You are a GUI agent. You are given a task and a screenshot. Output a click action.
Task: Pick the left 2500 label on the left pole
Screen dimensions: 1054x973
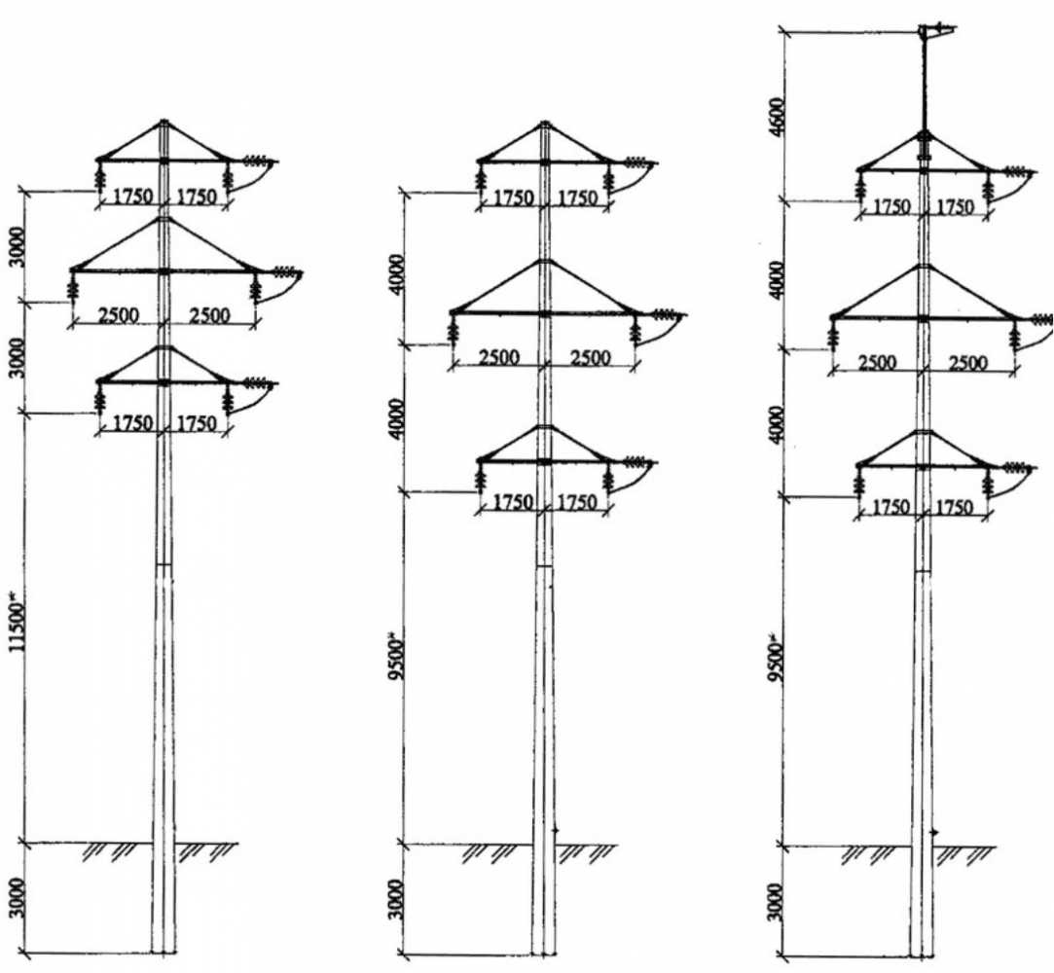pyautogui.click(x=118, y=315)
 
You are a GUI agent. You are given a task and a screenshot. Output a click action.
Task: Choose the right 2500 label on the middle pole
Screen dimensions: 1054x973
pyautogui.click(x=590, y=357)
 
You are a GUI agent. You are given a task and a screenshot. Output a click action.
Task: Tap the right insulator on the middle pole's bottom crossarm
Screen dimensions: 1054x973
pyautogui.click(x=609, y=479)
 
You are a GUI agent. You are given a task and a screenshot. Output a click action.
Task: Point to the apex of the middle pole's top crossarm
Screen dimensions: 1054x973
pyautogui.click(x=545, y=123)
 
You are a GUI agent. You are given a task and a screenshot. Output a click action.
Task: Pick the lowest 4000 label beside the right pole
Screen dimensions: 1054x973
pyautogui.click(x=778, y=423)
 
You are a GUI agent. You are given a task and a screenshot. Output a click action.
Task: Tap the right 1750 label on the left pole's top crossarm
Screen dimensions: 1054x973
pyautogui.click(x=197, y=197)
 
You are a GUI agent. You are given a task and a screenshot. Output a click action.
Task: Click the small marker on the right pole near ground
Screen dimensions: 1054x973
pyautogui.click(x=933, y=833)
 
